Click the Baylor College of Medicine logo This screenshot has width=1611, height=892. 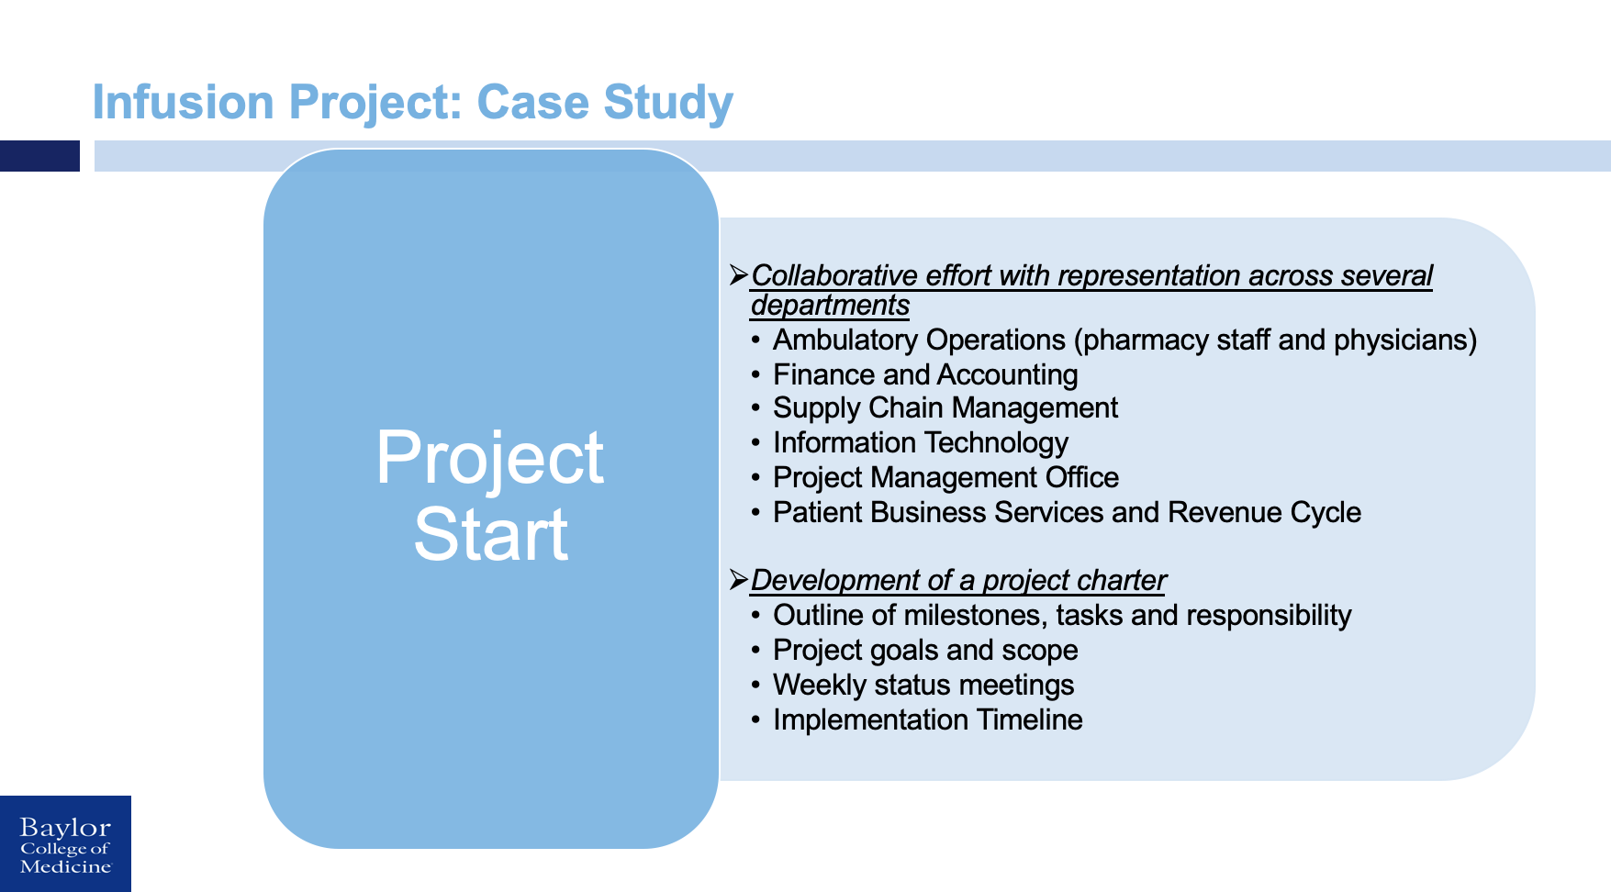pos(65,844)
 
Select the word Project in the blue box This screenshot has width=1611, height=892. pos(489,457)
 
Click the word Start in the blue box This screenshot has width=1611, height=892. pos(490,534)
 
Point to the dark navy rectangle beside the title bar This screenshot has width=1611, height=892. pos(39,156)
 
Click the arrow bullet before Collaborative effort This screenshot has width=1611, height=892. pos(738,274)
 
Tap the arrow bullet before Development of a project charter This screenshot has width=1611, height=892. pos(738,579)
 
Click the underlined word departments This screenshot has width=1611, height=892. pos(830,305)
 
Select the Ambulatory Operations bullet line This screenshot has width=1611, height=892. pos(1124,340)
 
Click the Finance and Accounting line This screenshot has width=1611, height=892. pos(924,374)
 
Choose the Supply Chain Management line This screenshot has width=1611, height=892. pos(945,407)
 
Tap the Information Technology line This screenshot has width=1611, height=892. pos(920,442)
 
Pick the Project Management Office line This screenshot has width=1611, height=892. pos(945,477)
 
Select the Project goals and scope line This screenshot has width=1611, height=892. pos(924,650)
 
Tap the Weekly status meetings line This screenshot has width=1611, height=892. pos(923,685)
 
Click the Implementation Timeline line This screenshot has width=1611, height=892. pos(927,719)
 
